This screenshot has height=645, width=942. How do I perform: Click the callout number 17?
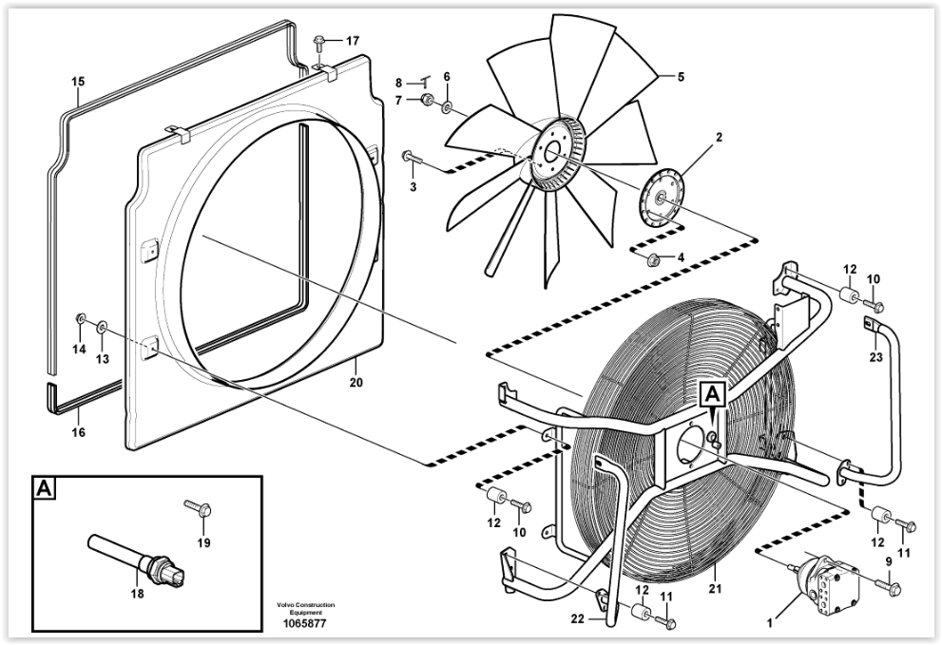pos(353,41)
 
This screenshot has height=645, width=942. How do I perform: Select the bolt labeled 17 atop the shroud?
pos(320,42)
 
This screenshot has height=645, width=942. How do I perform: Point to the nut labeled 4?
pos(653,258)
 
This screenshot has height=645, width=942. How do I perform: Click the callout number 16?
pos(79,432)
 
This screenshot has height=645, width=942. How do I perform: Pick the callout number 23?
pos(876,357)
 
